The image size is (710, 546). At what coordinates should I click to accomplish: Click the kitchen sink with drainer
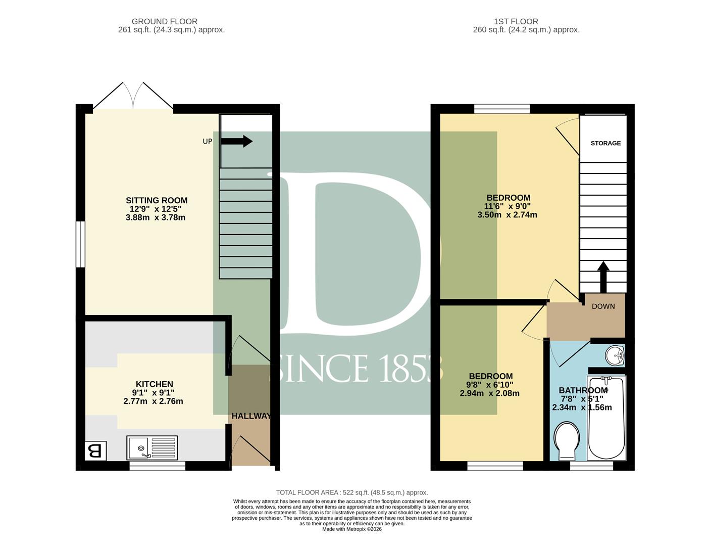(x=152, y=447)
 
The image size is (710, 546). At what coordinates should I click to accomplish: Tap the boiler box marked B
(x=95, y=451)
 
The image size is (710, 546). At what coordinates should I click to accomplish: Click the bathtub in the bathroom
(x=606, y=418)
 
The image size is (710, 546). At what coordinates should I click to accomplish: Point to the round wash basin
(x=615, y=355)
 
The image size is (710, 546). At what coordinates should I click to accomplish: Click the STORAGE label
(x=605, y=143)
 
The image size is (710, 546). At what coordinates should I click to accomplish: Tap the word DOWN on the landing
(x=603, y=306)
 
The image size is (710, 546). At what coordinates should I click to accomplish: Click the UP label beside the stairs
(x=208, y=141)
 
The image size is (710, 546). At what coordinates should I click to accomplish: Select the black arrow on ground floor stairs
(x=236, y=141)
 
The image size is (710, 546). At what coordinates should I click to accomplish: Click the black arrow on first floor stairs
(x=603, y=277)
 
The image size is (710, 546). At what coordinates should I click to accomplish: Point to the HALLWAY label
(x=251, y=416)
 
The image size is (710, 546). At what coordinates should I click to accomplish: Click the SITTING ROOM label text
(x=157, y=200)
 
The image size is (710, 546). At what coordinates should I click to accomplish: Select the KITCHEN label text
(x=154, y=384)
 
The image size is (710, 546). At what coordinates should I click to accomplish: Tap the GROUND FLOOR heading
(x=164, y=22)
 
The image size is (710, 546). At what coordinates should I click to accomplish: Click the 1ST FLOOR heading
(x=516, y=22)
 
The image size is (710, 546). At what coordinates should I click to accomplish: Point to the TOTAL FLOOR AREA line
(x=352, y=492)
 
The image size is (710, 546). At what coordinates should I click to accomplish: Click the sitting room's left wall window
(x=80, y=244)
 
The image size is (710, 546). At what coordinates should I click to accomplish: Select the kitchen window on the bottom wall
(x=158, y=466)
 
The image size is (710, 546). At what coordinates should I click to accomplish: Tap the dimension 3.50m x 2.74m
(x=507, y=215)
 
